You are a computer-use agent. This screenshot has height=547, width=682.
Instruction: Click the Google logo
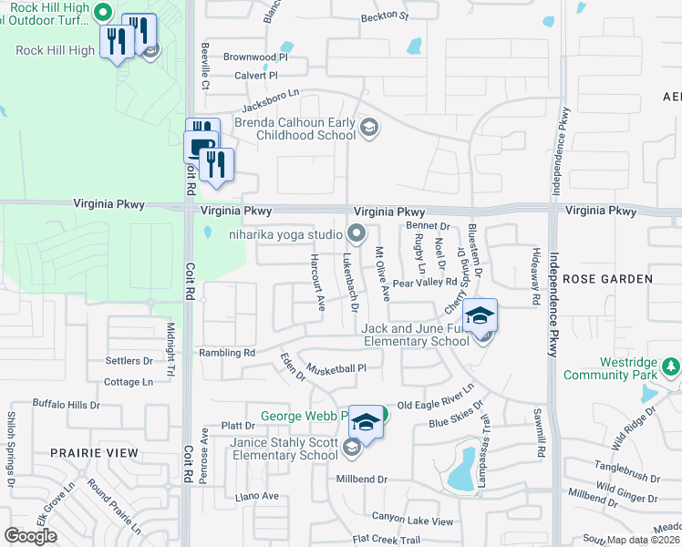coord(31,536)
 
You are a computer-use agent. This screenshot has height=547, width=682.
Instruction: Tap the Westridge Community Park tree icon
coord(672,366)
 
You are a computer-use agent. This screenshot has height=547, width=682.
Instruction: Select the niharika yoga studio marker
coord(356,232)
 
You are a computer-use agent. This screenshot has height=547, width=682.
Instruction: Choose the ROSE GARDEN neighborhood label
coord(606,278)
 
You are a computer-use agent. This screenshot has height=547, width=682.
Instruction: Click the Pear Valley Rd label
coord(424,284)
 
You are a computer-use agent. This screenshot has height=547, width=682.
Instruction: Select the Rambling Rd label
coord(226,353)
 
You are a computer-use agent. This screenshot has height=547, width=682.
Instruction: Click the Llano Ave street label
coord(256,496)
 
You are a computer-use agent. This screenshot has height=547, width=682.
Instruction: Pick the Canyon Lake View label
coord(411,521)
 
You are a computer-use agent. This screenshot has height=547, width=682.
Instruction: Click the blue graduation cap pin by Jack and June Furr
coord(479,316)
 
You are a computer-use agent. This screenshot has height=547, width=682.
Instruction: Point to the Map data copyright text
coord(642,540)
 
